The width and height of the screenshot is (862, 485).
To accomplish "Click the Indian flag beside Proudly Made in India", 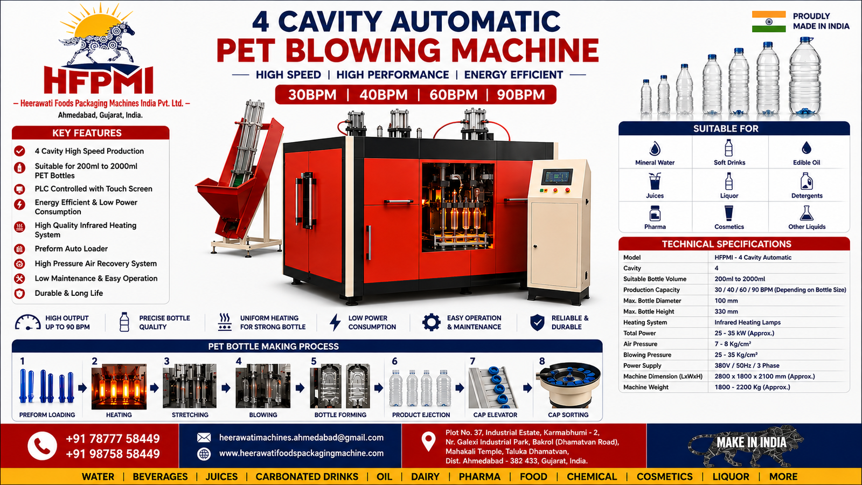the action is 768,22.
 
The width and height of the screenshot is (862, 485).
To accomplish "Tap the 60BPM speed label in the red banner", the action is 453,95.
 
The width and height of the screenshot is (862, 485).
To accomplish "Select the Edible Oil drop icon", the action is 806,148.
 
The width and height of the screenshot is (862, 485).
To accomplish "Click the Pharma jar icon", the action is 655,213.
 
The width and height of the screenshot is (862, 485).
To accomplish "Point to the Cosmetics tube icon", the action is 729,213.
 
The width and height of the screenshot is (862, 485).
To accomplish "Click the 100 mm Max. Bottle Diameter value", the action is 726,301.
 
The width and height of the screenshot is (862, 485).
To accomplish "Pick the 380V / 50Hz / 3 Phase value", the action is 747,365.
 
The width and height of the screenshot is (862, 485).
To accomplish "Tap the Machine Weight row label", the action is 646,387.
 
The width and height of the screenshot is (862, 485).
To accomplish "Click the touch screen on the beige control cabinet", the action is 557,177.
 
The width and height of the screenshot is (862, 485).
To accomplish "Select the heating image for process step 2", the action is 119,386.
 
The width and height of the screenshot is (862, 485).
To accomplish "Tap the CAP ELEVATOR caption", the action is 495,415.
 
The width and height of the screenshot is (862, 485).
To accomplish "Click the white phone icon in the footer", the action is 43,446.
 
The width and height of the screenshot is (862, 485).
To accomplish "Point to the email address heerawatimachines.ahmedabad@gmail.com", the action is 301,438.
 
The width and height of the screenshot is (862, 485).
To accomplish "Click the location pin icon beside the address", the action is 428,441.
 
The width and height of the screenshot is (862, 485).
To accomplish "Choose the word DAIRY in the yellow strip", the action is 425,476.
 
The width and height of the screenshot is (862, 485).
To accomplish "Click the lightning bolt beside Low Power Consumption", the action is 335,322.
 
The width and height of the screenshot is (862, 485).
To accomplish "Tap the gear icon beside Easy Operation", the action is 431,322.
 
